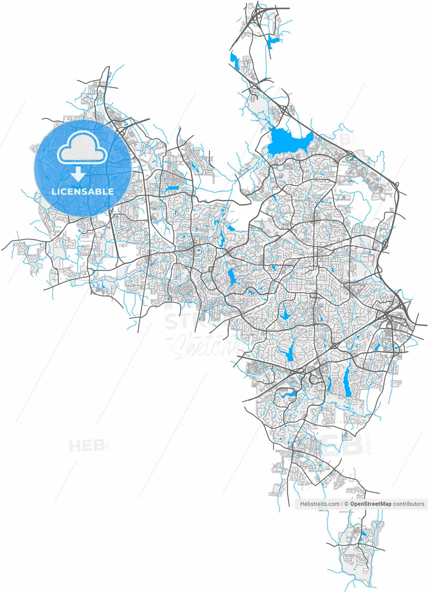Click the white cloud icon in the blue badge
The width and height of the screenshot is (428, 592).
coord(82,148)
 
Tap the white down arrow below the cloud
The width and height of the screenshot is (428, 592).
coord(78,174)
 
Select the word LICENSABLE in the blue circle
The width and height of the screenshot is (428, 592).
coord(82,191)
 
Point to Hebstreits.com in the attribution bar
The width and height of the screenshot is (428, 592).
coord(320,504)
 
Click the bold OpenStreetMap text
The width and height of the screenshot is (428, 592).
coord(371,504)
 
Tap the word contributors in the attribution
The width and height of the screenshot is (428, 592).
coord(409,504)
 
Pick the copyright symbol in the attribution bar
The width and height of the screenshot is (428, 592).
coord(346,504)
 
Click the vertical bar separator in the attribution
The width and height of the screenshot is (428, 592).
coord(342,504)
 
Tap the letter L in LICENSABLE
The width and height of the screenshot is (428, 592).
coord(54,191)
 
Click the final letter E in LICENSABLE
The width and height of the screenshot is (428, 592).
coord(111,191)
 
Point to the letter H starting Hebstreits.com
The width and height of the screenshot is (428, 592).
coord(302,504)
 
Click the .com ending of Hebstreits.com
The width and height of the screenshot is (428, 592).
coord(333,504)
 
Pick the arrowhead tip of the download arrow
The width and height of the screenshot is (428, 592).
coord(78,180)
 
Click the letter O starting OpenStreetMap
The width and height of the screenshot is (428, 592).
coord(352,504)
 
